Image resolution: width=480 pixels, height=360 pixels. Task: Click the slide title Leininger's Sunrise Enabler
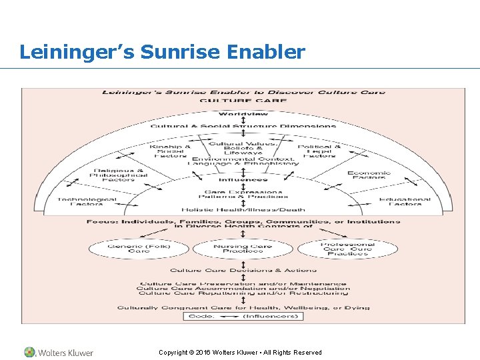pos(162,51)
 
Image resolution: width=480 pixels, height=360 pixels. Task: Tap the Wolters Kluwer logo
pos(59,352)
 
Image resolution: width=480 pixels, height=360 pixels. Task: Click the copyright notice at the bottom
pos(240,352)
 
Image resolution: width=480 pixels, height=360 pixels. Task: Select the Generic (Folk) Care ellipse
pos(139,249)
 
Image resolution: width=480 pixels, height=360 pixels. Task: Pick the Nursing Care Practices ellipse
pos(243,249)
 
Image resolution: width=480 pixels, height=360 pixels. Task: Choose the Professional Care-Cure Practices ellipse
pos(347,249)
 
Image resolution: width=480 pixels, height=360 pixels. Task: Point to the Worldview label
pos(243,114)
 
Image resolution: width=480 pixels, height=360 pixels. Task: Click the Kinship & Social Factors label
pos(170,151)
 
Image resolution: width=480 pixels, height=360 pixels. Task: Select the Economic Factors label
pos(369,175)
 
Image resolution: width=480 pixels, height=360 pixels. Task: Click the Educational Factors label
pos(405,201)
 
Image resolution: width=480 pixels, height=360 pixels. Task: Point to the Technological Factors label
pos(87,201)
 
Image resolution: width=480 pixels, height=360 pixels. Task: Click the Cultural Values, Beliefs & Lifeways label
pos(243,148)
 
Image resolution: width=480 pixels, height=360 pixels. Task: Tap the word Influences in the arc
pos(243,179)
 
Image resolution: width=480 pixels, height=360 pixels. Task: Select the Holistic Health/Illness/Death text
pos(243,209)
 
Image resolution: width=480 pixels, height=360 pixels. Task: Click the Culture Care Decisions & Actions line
pos(243,270)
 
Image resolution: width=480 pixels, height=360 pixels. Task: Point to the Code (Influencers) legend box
pos(243,316)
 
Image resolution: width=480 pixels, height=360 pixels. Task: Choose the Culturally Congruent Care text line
pos(243,307)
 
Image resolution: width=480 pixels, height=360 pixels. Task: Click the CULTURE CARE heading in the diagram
pos(243,101)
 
